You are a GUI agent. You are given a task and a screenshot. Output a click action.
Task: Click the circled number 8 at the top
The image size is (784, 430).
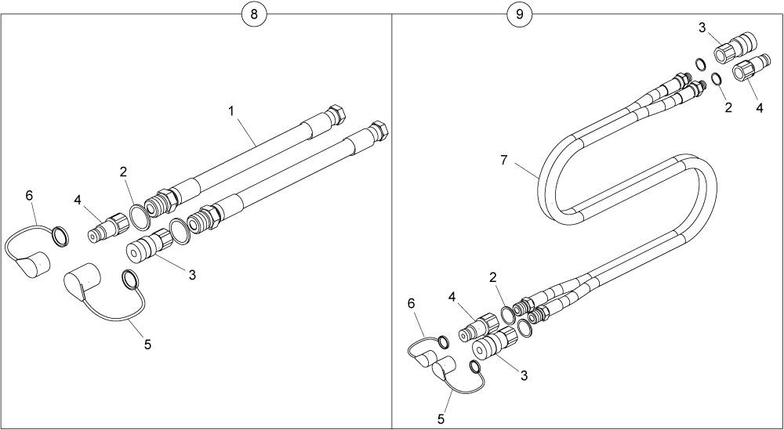(254, 14)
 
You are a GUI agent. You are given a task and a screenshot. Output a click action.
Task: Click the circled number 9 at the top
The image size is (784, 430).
(520, 14)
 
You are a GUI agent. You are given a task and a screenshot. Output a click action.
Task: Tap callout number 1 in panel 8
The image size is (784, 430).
(231, 111)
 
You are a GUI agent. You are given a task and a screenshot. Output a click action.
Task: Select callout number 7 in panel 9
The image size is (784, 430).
(503, 161)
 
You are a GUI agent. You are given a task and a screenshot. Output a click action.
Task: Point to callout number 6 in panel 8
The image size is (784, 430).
(29, 196)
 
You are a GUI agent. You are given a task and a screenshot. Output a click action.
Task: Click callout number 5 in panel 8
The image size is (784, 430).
(147, 345)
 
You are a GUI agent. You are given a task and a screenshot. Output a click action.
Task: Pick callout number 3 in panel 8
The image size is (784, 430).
(192, 275)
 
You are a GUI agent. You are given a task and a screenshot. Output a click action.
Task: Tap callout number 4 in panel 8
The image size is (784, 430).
(78, 201)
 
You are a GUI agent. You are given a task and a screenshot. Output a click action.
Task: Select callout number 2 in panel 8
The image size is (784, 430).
(123, 172)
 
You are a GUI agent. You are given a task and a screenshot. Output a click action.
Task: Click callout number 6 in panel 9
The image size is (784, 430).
(412, 303)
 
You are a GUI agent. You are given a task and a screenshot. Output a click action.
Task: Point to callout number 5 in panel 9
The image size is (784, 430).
(441, 419)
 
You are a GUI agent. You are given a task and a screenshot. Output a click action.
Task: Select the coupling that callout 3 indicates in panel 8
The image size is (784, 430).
(149, 244)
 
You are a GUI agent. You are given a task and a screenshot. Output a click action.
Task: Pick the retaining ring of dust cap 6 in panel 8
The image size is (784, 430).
(60, 236)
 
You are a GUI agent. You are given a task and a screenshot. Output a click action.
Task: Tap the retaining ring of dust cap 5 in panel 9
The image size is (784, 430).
(476, 367)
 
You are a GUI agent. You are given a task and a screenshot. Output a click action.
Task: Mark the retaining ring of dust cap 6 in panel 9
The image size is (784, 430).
(443, 342)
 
